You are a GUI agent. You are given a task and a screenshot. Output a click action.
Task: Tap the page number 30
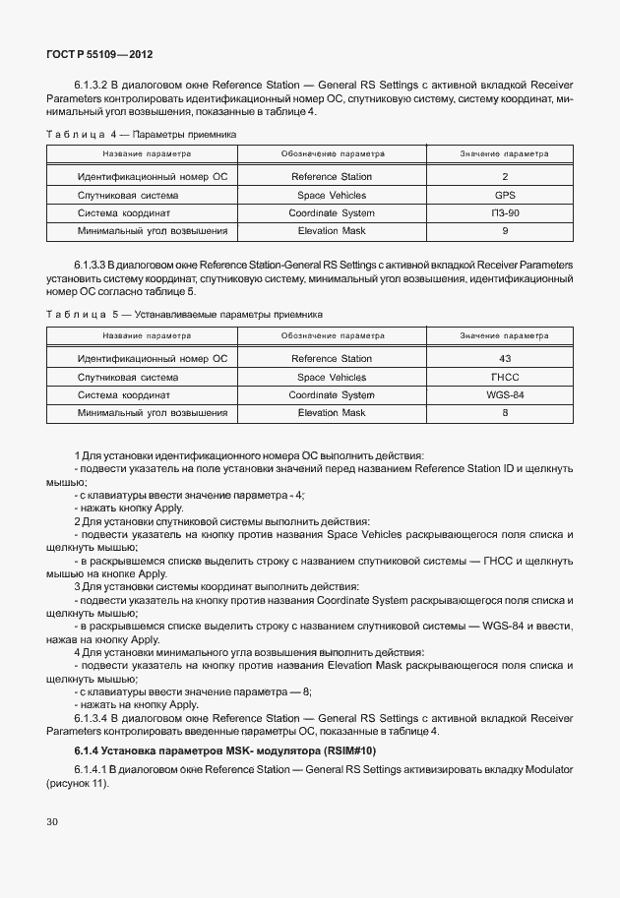click(x=52, y=819)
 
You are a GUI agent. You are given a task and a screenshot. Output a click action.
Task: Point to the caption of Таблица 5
click(x=184, y=315)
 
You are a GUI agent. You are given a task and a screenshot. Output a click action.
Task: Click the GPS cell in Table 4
click(x=504, y=195)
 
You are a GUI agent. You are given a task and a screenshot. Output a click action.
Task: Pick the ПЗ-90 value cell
click(x=504, y=212)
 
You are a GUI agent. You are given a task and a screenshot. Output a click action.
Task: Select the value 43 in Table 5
click(x=504, y=359)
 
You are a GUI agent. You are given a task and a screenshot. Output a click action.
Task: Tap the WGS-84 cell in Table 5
click(x=504, y=395)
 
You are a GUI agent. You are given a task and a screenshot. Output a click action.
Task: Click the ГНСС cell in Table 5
click(x=504, y=378)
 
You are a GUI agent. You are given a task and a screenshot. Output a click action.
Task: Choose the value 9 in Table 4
click(x=504, y=231)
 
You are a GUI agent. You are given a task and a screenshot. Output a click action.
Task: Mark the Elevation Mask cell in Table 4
click(x=332, y=231)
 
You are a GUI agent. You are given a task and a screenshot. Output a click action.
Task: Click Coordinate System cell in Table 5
click(x=332, y=395)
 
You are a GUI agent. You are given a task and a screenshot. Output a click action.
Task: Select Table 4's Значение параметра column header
click(x=504, y=154)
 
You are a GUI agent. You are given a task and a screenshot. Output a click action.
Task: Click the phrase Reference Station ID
click(x=460, y=469)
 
